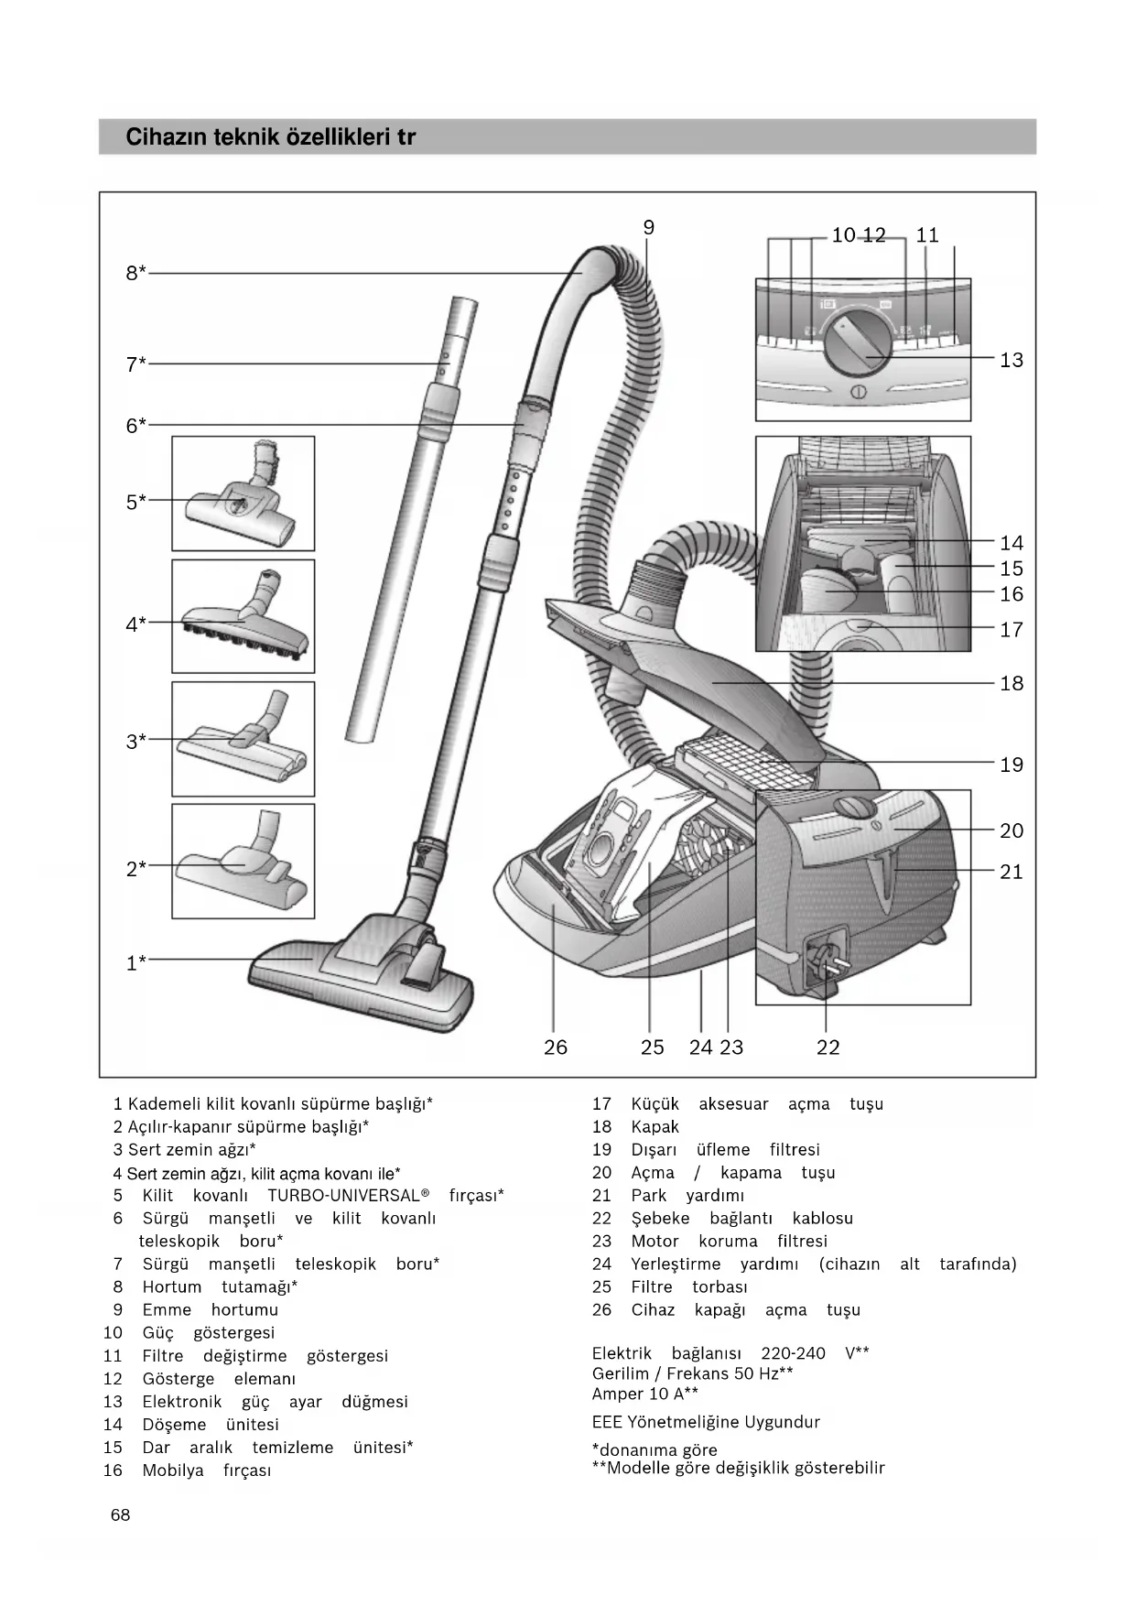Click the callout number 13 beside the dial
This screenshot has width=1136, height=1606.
1011,360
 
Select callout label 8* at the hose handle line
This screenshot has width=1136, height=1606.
135,273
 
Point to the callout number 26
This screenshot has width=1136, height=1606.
555,1047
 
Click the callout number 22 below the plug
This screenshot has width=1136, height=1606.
828,1047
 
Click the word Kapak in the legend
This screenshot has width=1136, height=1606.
655,1127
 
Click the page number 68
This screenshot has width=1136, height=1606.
120,1515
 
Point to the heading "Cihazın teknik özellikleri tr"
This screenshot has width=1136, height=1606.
270,137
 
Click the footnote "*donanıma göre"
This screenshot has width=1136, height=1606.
655,1449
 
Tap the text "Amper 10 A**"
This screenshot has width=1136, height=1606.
644,1394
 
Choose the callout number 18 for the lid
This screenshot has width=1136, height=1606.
1011,683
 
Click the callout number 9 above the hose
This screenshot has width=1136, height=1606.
648,228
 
